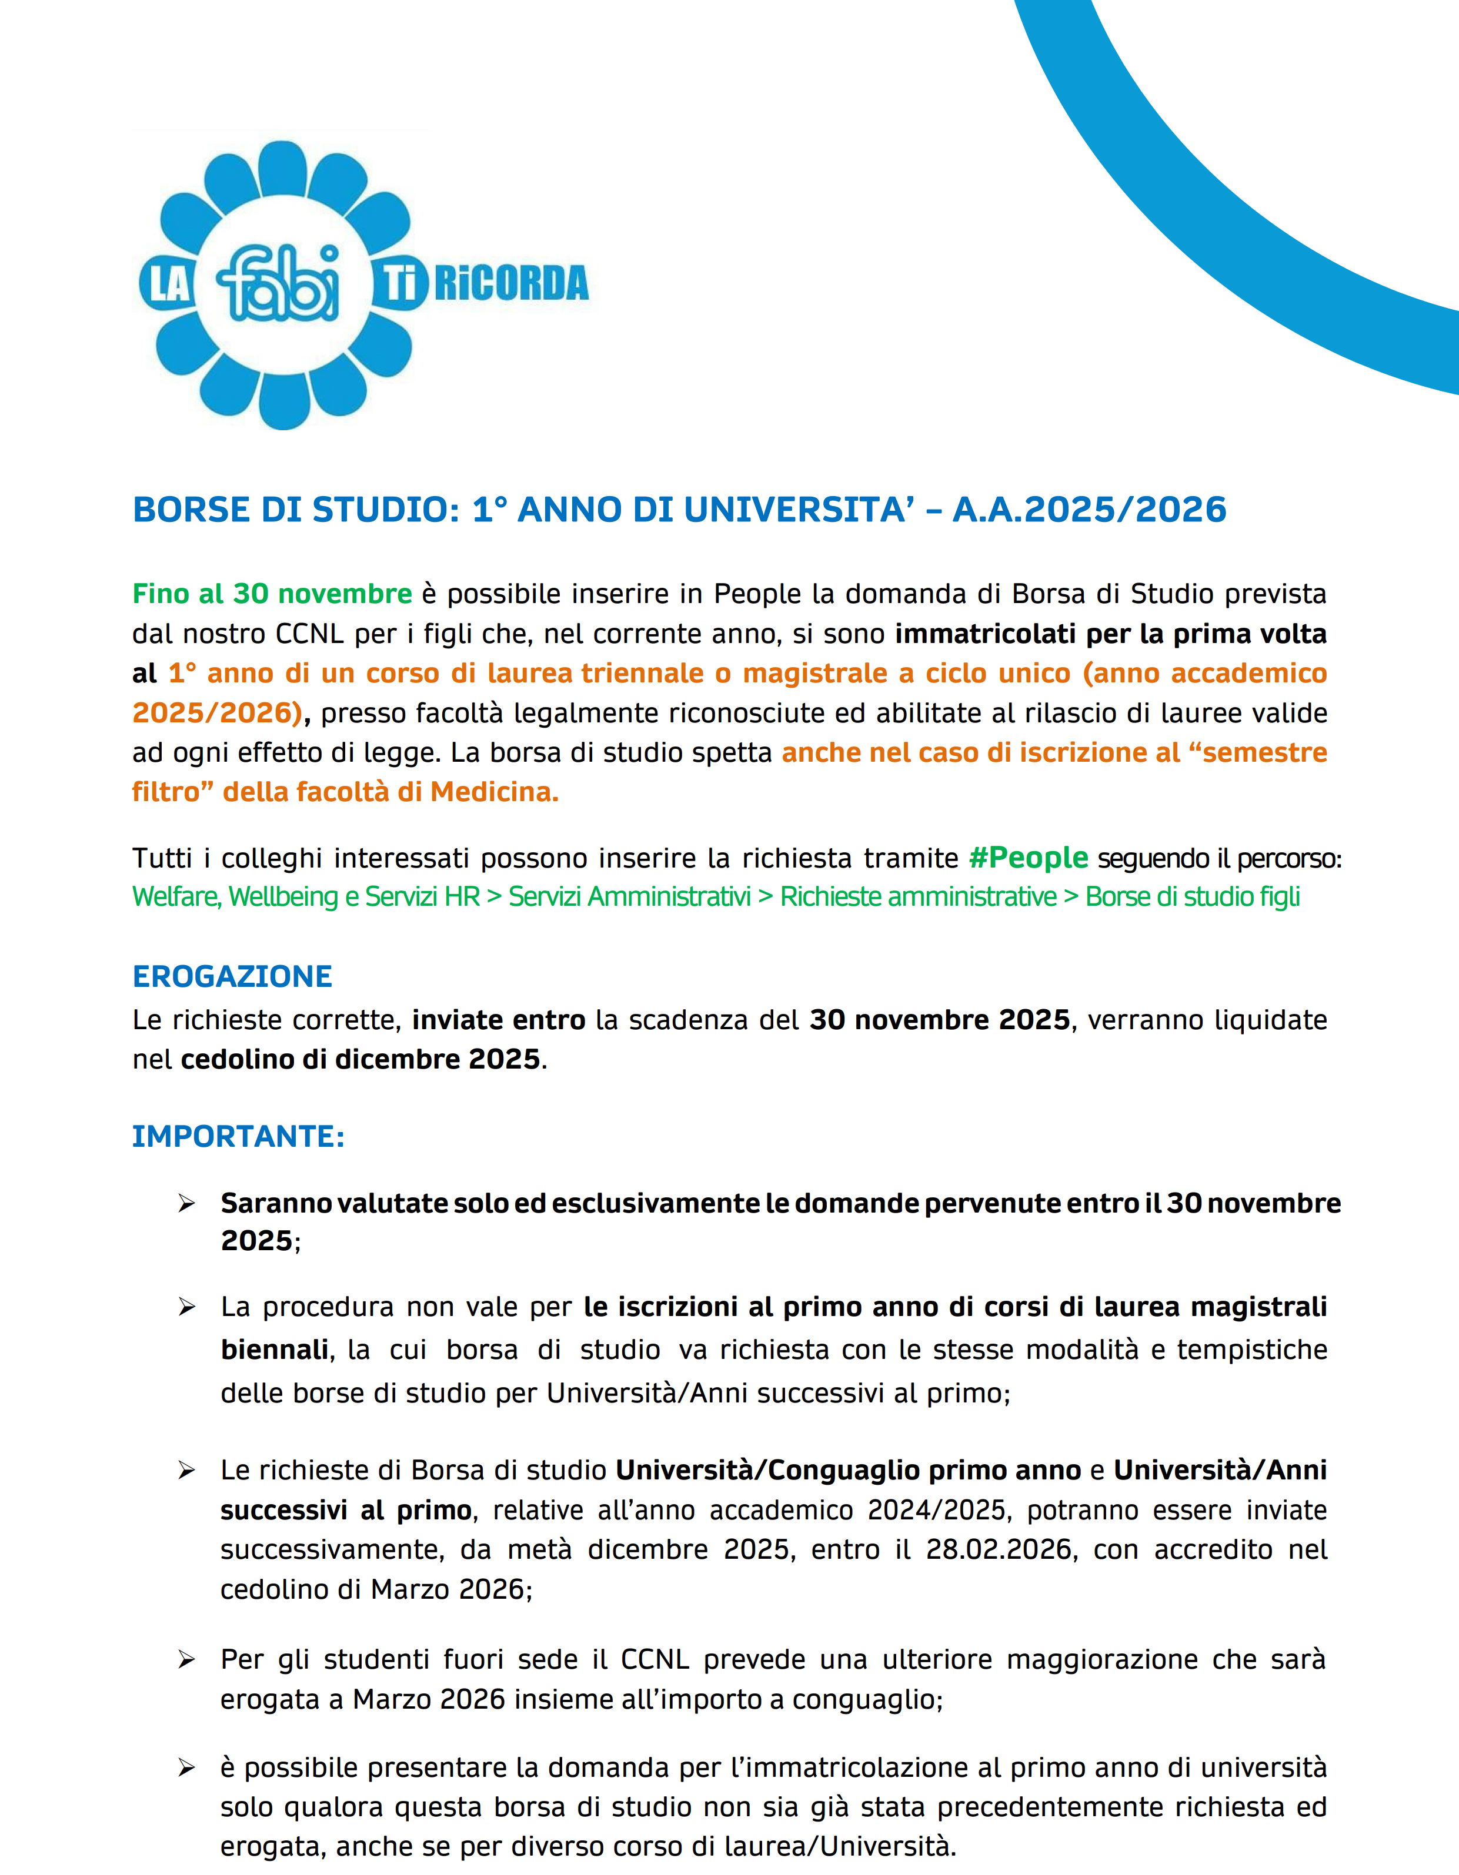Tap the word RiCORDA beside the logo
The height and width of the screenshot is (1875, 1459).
click(x=512, y=284)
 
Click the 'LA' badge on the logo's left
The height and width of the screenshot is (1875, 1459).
click(x=168, y=284)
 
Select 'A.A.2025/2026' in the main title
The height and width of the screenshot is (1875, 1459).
click(x=1089, y=510)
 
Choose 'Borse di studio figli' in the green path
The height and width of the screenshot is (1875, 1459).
click(x=1192, y=896)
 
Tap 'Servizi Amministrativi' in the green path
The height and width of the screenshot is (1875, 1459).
click(x=629, y=896)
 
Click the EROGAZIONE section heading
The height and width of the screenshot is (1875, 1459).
click(x=232, y=976)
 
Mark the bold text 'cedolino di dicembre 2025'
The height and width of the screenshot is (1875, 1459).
click(x=360, y=1059)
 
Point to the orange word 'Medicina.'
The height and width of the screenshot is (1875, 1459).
click(x=495, y=792)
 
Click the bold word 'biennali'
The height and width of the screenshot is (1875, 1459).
click(x=275, y=1350)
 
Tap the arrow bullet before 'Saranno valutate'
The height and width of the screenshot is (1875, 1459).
click(x=186, y=1204)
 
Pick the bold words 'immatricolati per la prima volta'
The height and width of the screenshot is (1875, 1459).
click(x=1110, y=634)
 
